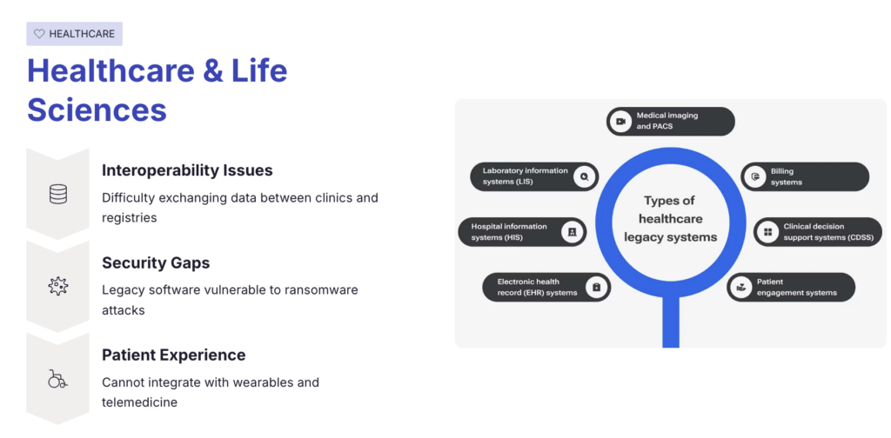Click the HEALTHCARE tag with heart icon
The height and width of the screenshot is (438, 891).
(x=74, y=34)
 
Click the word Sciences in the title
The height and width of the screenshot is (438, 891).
(x=97, y=109)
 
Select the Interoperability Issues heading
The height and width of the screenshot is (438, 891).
(x=187, y=170)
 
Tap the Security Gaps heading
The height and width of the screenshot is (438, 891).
(x=156, y=262)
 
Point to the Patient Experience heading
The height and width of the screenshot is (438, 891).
(x=173, y=355)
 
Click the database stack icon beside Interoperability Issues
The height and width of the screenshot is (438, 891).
(x=58, y=194)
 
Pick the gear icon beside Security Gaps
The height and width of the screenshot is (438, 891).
(x=58, y=285)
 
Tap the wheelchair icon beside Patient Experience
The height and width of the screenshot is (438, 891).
(x=57, y=378)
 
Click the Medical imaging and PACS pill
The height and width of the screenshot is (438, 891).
(x=670, y=121)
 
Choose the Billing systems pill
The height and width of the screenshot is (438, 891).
(x=804, y=176)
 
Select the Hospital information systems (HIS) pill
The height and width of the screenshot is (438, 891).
(x=522, y=232)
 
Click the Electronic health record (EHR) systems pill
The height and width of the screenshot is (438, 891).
(x=546, y=287)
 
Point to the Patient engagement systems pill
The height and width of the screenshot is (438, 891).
(x=791, y=287)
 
